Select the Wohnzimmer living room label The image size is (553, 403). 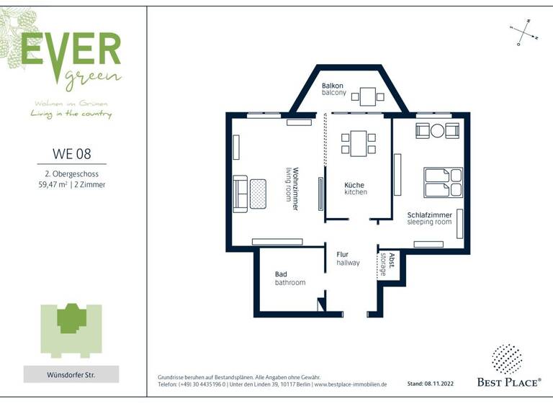coord(291,189)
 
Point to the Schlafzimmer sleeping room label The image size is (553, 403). coord(430,219)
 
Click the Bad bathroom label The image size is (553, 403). coord(289,279)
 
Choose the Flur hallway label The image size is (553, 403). coord(348,258)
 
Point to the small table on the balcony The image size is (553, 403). coord(369,95)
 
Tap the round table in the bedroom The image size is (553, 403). coord(437,130)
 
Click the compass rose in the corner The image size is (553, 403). coord(523,33)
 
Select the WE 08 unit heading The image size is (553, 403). coord(72,153)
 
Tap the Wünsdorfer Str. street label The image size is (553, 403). coord(71,374)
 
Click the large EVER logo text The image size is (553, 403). coord(71,49)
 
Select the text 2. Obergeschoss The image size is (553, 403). coord(72,173)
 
